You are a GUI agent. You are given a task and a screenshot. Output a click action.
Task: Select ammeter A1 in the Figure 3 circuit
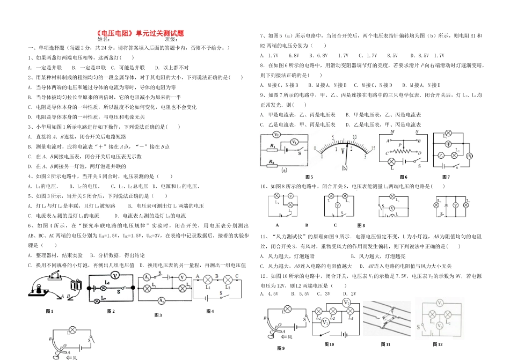pos(146,278)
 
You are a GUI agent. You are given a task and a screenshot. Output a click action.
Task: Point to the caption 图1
pos(49,311)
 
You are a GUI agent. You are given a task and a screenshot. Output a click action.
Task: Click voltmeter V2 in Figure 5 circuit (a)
pos(276,135)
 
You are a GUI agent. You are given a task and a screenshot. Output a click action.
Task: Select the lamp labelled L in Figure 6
pos(391,161)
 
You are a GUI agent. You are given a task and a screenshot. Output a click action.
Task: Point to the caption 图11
pos(384,344)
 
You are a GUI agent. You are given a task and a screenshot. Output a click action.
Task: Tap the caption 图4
pos(213,311)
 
